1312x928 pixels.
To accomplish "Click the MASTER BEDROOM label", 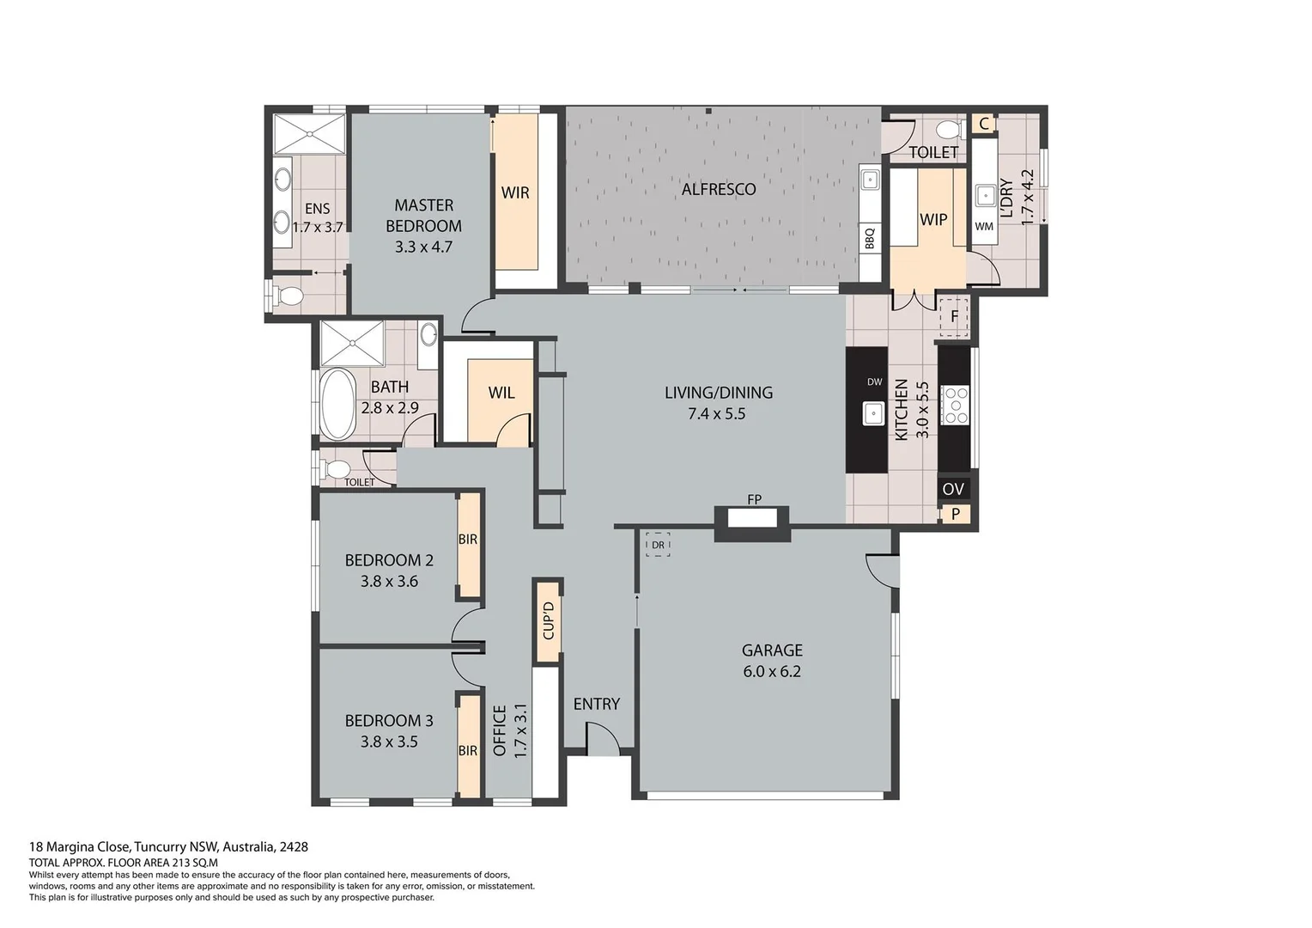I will [423, 216].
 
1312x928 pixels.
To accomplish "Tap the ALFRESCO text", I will [719, 190].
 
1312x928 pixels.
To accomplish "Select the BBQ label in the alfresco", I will [870, 237].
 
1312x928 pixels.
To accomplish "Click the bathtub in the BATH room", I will [337, 404].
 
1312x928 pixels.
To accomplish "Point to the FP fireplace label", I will [754, 499].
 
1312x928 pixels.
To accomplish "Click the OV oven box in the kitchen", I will [953, 489].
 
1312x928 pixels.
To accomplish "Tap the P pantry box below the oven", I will [955, 515].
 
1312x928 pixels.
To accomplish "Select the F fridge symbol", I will [954, 316].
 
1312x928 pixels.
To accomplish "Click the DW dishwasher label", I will [874, 382].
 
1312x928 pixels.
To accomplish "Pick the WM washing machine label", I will [984, 227].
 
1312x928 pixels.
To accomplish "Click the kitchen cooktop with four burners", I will [955, 406].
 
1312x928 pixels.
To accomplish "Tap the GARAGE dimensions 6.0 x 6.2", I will [772, 672].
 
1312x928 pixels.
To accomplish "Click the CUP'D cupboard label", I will [548, 620].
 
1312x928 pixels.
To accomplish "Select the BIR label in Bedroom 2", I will [468, 540].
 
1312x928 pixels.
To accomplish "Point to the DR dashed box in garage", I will [658, 545].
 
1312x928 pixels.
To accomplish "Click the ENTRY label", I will [596, 704].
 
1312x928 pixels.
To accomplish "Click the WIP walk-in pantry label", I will [932, 219].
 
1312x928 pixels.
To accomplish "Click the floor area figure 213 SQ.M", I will [194, 863].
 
